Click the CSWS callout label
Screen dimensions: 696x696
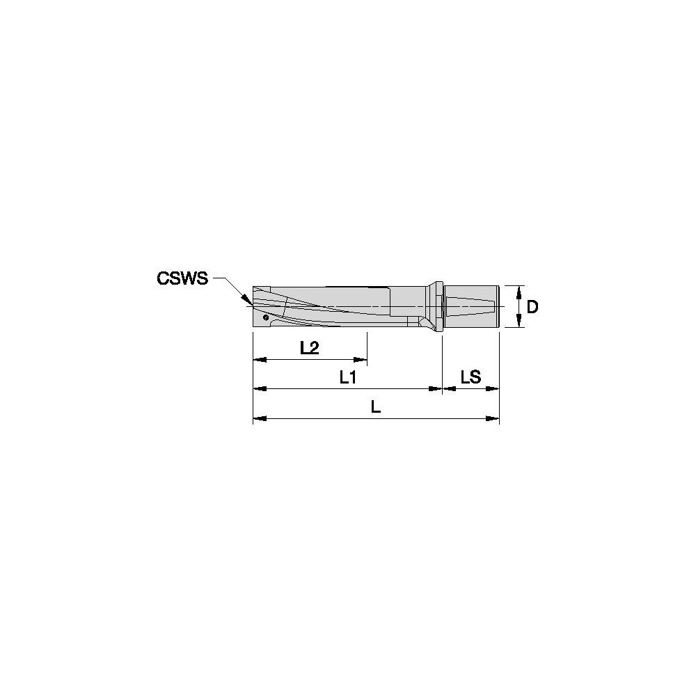(182, 278)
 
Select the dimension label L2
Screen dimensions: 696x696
(310, 348)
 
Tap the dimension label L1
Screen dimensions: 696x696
(348, 378)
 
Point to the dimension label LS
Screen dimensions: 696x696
(471, 377)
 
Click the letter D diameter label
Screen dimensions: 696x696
(532, 306)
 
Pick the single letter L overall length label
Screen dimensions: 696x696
(376, 408)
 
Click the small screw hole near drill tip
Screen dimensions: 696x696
(266, 317)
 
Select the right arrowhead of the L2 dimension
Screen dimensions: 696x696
(361, 360)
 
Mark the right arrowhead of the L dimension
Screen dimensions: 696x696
(494, 418)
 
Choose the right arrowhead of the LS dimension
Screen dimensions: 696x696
(494, 389)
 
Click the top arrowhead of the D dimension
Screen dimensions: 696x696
(519, 290)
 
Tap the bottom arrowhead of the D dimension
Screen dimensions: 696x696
(519, 322)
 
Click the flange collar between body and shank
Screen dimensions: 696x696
(436, 307)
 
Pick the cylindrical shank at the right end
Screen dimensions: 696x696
(472, 306)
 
